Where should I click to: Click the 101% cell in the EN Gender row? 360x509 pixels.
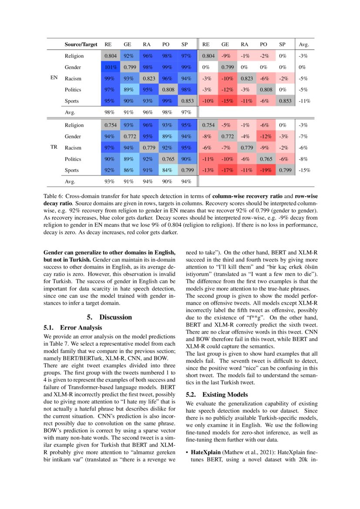click(109, 67)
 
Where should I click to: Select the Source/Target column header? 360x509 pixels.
click(81, 44)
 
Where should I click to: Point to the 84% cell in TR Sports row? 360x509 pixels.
click(166, 170)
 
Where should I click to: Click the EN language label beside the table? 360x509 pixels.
click(54, 78)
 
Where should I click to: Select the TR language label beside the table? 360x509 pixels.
click(54, 148)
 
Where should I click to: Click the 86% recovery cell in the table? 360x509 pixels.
click(128, 170)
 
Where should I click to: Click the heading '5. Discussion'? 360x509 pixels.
click(109, 317)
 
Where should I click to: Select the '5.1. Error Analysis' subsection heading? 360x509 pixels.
click(73, 327)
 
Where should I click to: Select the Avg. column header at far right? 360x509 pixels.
click(304, 44)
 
